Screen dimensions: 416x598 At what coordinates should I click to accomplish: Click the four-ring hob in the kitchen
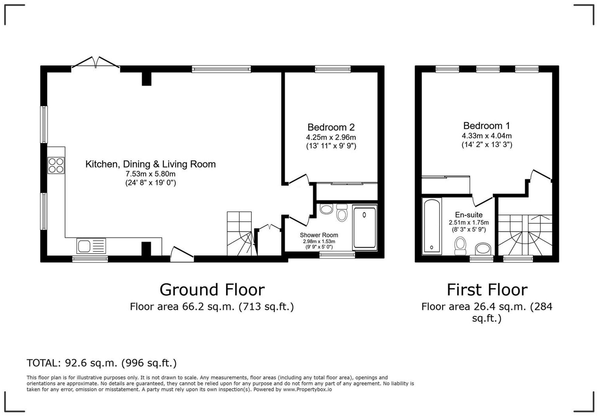click(56, 165)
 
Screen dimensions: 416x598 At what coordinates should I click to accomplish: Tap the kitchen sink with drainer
click(91, 246)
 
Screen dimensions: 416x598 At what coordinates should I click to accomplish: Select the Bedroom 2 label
click(331, 127)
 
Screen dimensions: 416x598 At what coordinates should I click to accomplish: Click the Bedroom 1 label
click(486, 126)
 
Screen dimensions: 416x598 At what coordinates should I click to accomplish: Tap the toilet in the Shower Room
click(342, 213)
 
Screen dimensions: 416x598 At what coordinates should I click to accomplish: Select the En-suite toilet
click(460, 246)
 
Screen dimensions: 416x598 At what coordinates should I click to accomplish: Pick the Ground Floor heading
click(212, 290)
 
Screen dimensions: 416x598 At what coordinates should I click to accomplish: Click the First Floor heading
click(487, 290)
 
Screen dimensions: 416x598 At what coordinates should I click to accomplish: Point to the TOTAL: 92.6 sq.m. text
click(101, 363)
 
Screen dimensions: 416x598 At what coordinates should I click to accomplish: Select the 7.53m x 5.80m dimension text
click(150, 174)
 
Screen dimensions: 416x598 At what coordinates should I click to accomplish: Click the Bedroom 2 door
click(299, 179)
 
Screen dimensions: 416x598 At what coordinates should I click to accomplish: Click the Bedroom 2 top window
click(333, 69)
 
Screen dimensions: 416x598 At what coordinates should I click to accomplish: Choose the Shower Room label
click(319, 235)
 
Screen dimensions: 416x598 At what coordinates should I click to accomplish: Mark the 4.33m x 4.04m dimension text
click(486, 136)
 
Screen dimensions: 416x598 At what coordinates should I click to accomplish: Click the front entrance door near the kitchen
click(182, 254)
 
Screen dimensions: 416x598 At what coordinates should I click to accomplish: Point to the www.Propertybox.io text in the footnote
click(307, 390)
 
